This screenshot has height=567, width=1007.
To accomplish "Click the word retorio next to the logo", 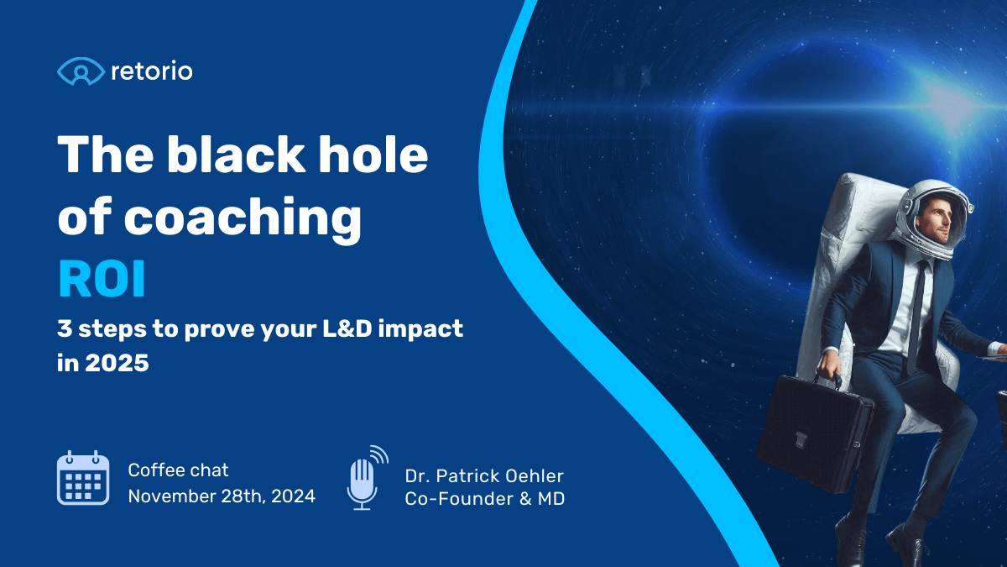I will point(151,71).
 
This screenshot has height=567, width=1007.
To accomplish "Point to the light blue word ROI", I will point(102,281).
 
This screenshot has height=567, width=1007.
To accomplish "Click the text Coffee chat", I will point(178,470).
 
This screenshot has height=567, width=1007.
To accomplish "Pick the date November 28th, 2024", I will point(222,496).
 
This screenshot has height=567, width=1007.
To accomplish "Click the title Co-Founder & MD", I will point(484,498).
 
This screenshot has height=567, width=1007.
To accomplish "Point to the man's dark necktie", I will point(918,312).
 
